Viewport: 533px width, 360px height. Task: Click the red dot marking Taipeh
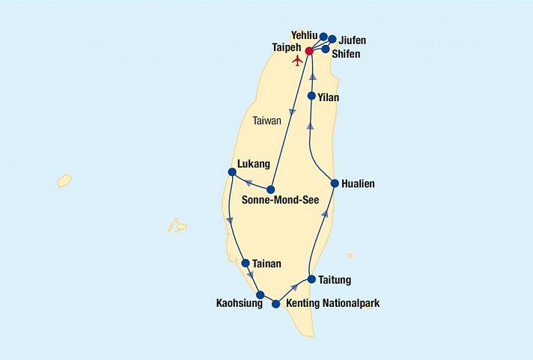click(x=309, y=51)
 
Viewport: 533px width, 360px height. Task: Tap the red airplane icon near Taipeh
click(x=298, y=59)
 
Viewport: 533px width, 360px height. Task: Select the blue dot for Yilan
click(x=311, y=95)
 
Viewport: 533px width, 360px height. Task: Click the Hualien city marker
click(x=335, y=183)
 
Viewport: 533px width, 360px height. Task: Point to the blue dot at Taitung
click(x=311, y=279)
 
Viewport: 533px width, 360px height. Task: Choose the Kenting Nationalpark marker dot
click(x=276, y=304)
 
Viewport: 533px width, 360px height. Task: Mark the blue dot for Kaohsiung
click(x=260, y=295)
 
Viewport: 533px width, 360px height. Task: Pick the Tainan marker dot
click(x=246, y=263)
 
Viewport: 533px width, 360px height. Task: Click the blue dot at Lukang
click(x=231, y=172)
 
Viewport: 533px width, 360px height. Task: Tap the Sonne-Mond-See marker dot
click(x=271, y=189)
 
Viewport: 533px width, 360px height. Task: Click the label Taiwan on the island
click(x=266, y=120)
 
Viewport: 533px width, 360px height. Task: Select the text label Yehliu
click(x=304, y=34)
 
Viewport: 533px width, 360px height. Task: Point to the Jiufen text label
click(x=352, y=40)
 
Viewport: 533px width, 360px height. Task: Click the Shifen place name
click(x=348, y=53)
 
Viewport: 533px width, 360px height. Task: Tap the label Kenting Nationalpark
click(x=333, y=305)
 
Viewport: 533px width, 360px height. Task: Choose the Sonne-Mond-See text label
click(x=280, y=201)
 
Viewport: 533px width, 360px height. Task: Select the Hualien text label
click(x=358, y=183)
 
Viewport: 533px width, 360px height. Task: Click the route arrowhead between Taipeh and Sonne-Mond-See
click(x=292, y=112)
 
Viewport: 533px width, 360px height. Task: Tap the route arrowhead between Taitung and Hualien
click(x=325, y=214)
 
